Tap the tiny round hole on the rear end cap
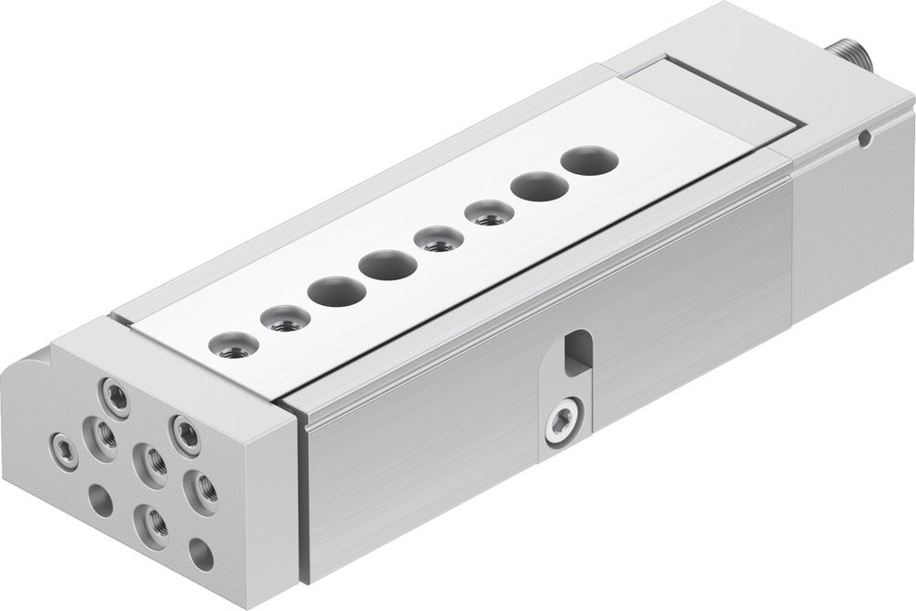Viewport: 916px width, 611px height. click(x=864, y=139)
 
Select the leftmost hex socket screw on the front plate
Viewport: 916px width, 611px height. click(x=64, y=449)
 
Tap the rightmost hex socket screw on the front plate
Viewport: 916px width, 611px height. click(x=187, y=433)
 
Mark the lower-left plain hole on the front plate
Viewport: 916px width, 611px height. click(x=99, y=500)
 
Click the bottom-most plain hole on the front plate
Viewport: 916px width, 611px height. click(x=199, y=551)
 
